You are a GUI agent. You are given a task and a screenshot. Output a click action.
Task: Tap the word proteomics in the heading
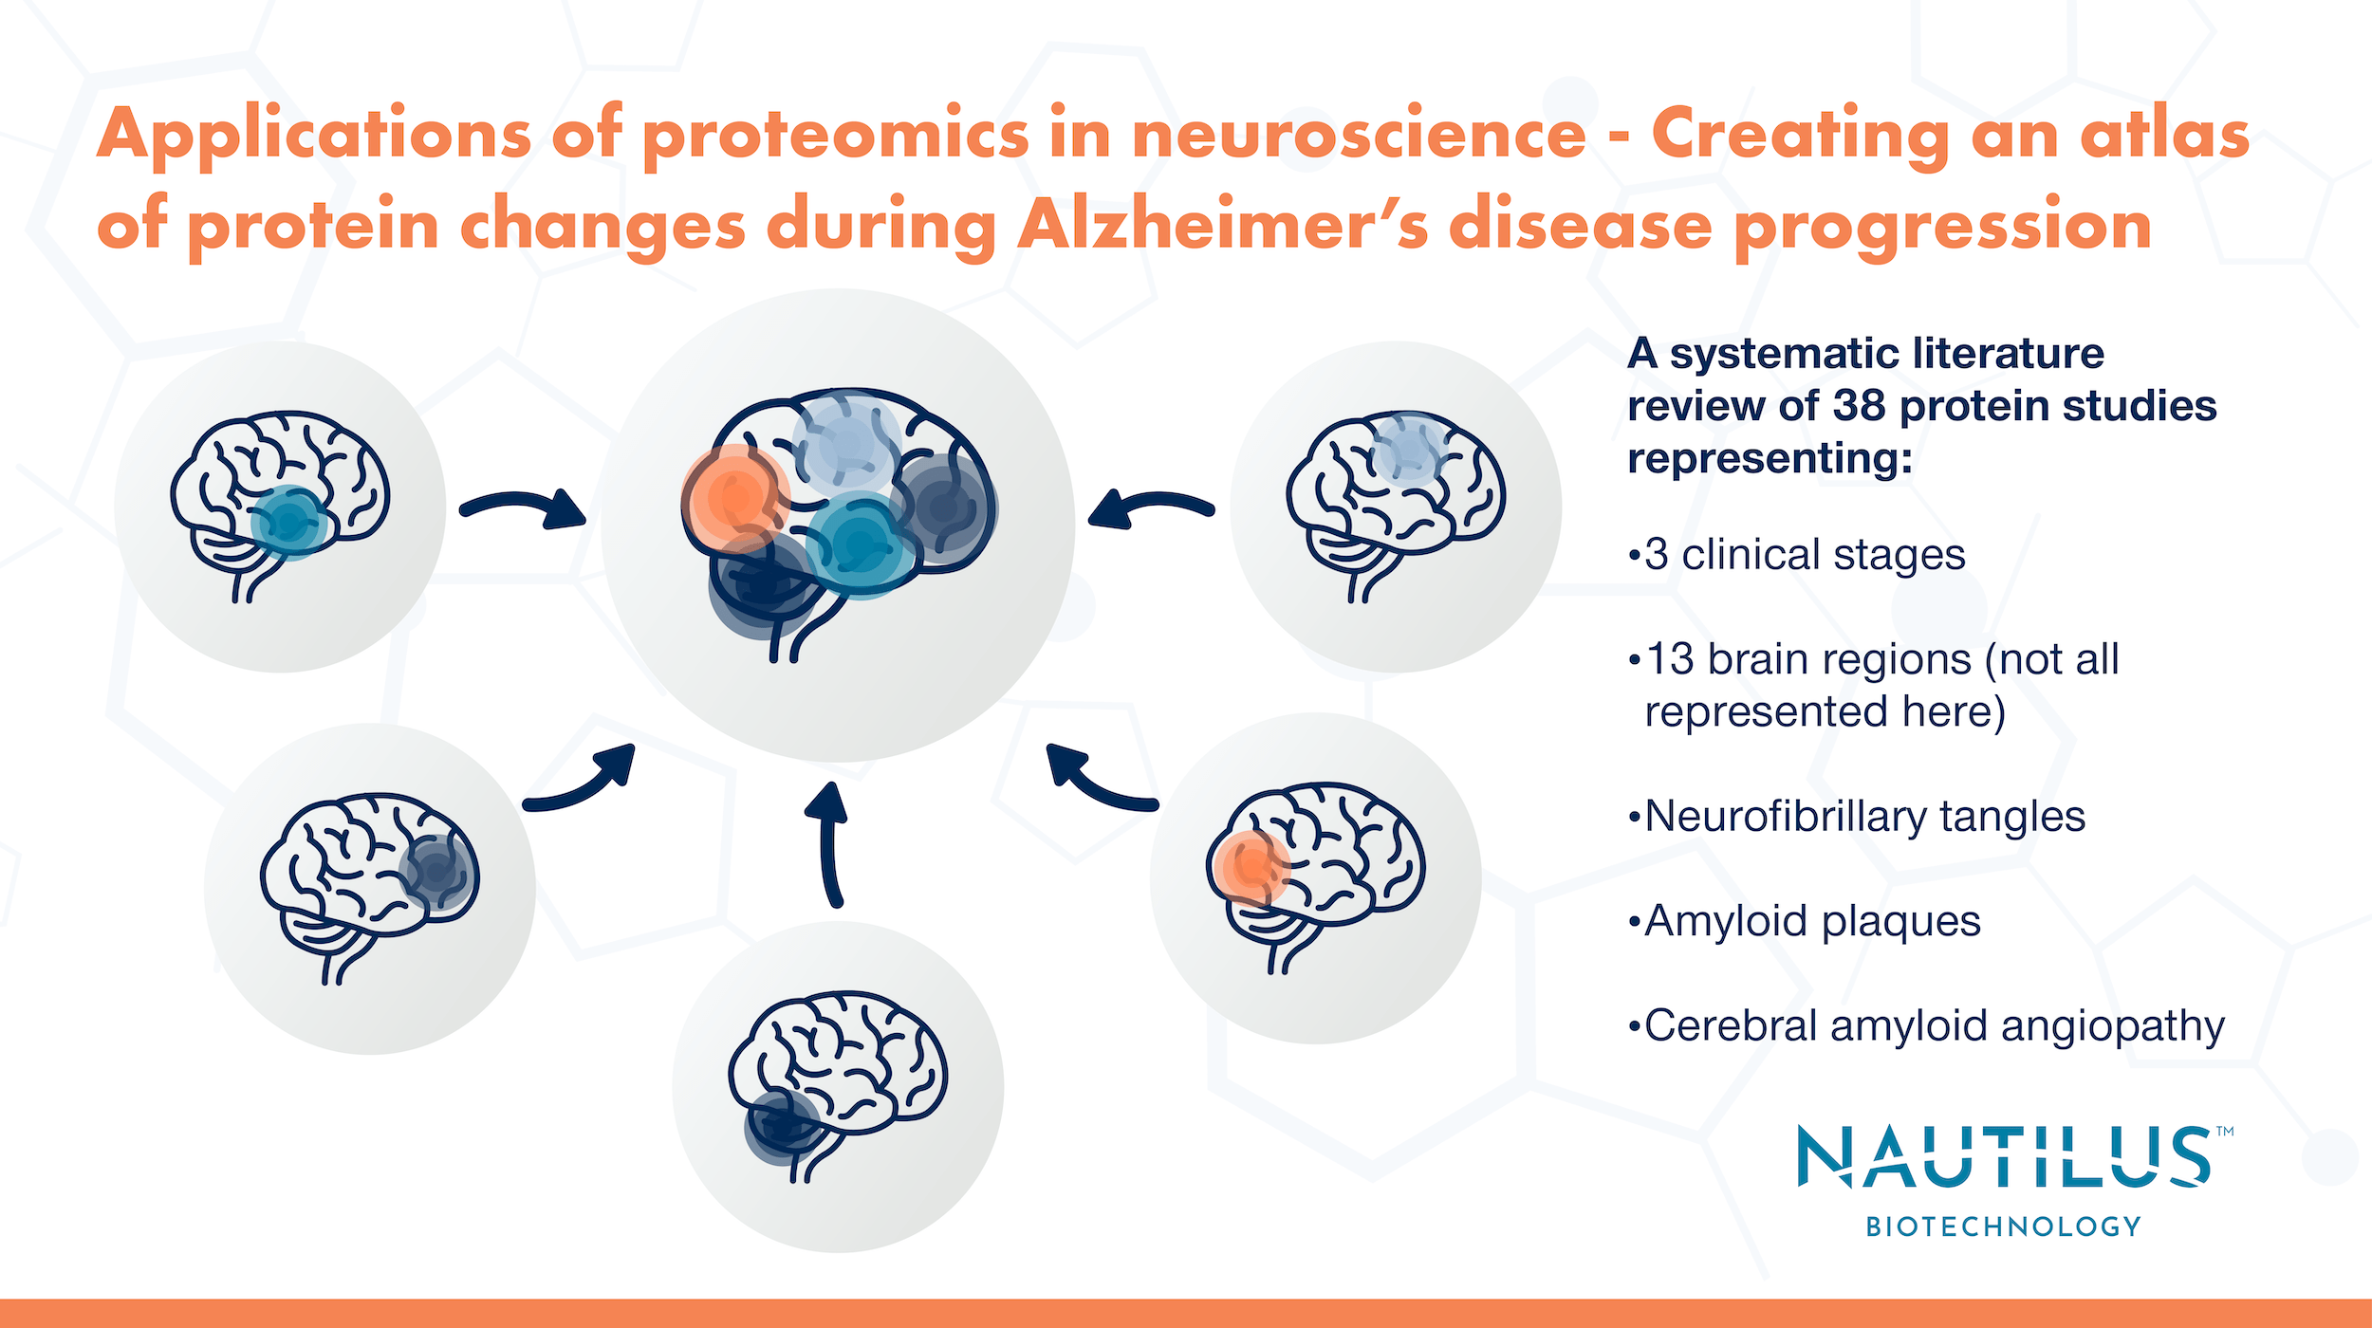[835, 134]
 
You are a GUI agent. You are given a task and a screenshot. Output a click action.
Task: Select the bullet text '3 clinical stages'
[1803, 555]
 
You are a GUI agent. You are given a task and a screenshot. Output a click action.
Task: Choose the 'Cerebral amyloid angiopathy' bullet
[1932, 1025]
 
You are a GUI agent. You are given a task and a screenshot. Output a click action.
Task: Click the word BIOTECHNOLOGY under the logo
[2003, 1227]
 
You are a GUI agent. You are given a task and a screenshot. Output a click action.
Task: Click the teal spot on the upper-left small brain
[288, 523]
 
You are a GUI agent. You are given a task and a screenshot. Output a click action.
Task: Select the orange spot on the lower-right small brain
[1250, 867]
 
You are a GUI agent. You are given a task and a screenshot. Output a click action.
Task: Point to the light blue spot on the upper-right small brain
[1408, 450]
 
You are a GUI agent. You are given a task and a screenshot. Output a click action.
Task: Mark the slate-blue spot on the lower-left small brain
[435, 870]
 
